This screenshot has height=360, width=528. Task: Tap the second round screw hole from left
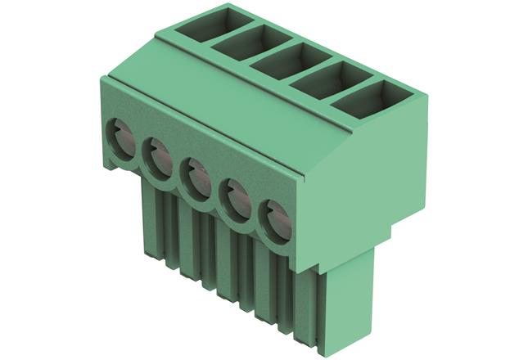pos(156,155)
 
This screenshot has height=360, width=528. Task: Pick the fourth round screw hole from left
pos(237,198)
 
